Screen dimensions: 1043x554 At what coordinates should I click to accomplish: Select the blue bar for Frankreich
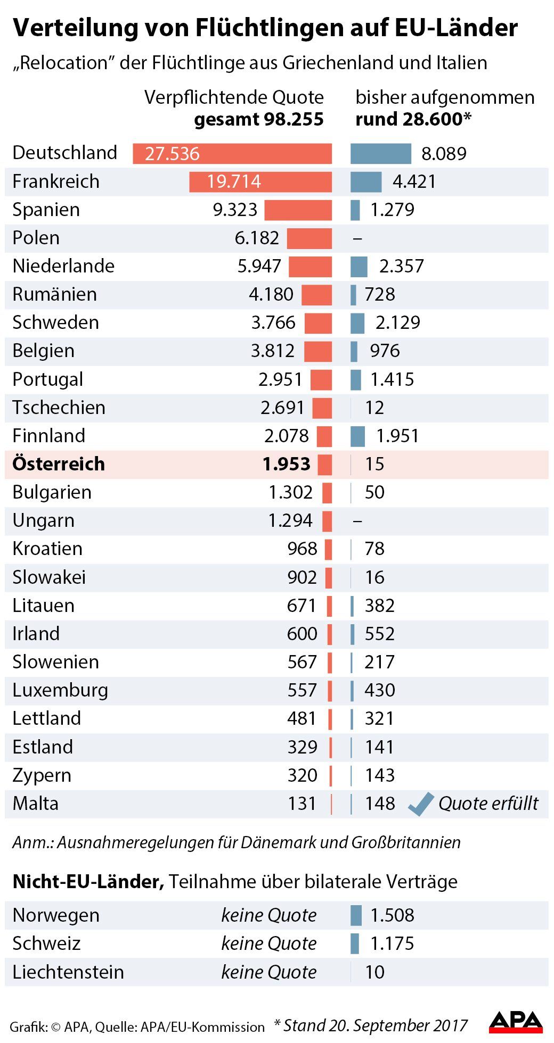[366, 182]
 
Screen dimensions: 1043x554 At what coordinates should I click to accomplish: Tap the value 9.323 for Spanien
[235, 210]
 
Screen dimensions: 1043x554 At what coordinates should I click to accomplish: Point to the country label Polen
[36, 238]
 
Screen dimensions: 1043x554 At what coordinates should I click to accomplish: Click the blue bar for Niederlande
[359, 266]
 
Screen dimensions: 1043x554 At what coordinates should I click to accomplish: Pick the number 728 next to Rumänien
[380, 294]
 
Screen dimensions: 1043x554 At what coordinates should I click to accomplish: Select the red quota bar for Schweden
[318, 323]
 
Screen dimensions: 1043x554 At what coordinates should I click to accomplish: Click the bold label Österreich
[59, 464]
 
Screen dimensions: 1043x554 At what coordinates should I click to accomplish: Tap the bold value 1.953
[287, 464]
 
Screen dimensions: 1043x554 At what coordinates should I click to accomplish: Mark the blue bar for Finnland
[358, 436]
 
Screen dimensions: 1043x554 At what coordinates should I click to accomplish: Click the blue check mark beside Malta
[421, 804]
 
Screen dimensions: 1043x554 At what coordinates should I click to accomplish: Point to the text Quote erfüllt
[488, 804]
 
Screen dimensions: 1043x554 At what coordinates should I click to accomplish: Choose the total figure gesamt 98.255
[259, 119]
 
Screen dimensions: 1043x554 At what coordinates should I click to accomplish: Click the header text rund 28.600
[413, 119]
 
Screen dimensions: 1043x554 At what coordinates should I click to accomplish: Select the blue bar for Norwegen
[356, 915]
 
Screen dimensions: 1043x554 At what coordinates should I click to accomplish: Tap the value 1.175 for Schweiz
[392, 943]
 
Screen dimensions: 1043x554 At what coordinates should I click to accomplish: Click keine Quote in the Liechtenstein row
[269, 972]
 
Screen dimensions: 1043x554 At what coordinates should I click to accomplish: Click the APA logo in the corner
[516, 1022]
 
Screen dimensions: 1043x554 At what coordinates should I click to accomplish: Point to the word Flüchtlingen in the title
[270, 28]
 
